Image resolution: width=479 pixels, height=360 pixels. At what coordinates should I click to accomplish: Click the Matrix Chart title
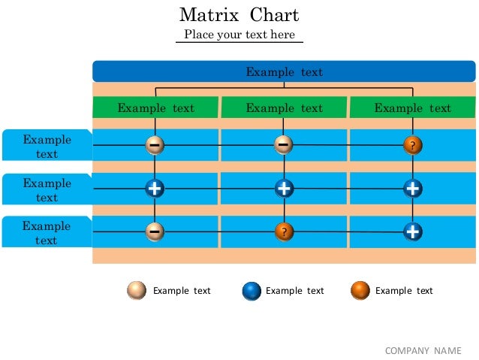(239, 14)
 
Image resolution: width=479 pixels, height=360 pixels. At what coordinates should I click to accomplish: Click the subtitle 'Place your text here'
(239, 35)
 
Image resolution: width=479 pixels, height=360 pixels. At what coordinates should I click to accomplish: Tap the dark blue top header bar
(284, 71)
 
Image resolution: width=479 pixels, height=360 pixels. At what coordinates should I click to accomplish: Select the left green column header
(155, 107)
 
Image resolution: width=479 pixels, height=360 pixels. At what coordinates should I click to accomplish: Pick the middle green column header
(284, 107)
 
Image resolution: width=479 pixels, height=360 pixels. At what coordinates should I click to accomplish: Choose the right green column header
(412, 107)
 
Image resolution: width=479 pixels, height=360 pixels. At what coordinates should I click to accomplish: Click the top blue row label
(47, 146)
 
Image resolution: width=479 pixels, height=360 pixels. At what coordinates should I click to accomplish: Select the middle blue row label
(47, 189)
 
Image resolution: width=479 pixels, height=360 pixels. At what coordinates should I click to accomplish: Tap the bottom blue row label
(47, 232)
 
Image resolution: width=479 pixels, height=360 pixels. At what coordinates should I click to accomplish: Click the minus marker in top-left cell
(155, 144)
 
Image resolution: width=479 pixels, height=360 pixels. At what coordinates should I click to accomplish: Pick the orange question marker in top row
(412, 145)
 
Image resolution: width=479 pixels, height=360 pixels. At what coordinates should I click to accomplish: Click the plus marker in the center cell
(284, 189)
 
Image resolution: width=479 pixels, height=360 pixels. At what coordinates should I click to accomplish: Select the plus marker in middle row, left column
(155, 189)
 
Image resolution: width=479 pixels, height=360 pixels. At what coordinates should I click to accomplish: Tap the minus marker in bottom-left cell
(155, 231)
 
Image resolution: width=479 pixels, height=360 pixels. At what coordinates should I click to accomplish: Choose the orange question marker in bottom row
(284, 231)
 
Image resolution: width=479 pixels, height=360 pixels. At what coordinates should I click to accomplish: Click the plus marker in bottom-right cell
(412, 231)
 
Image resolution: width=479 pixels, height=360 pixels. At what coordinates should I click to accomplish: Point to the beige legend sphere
(137, 291)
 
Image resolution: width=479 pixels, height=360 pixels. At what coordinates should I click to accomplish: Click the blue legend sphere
(252, 291)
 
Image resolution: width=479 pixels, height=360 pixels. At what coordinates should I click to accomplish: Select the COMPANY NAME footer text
(423, 350)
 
